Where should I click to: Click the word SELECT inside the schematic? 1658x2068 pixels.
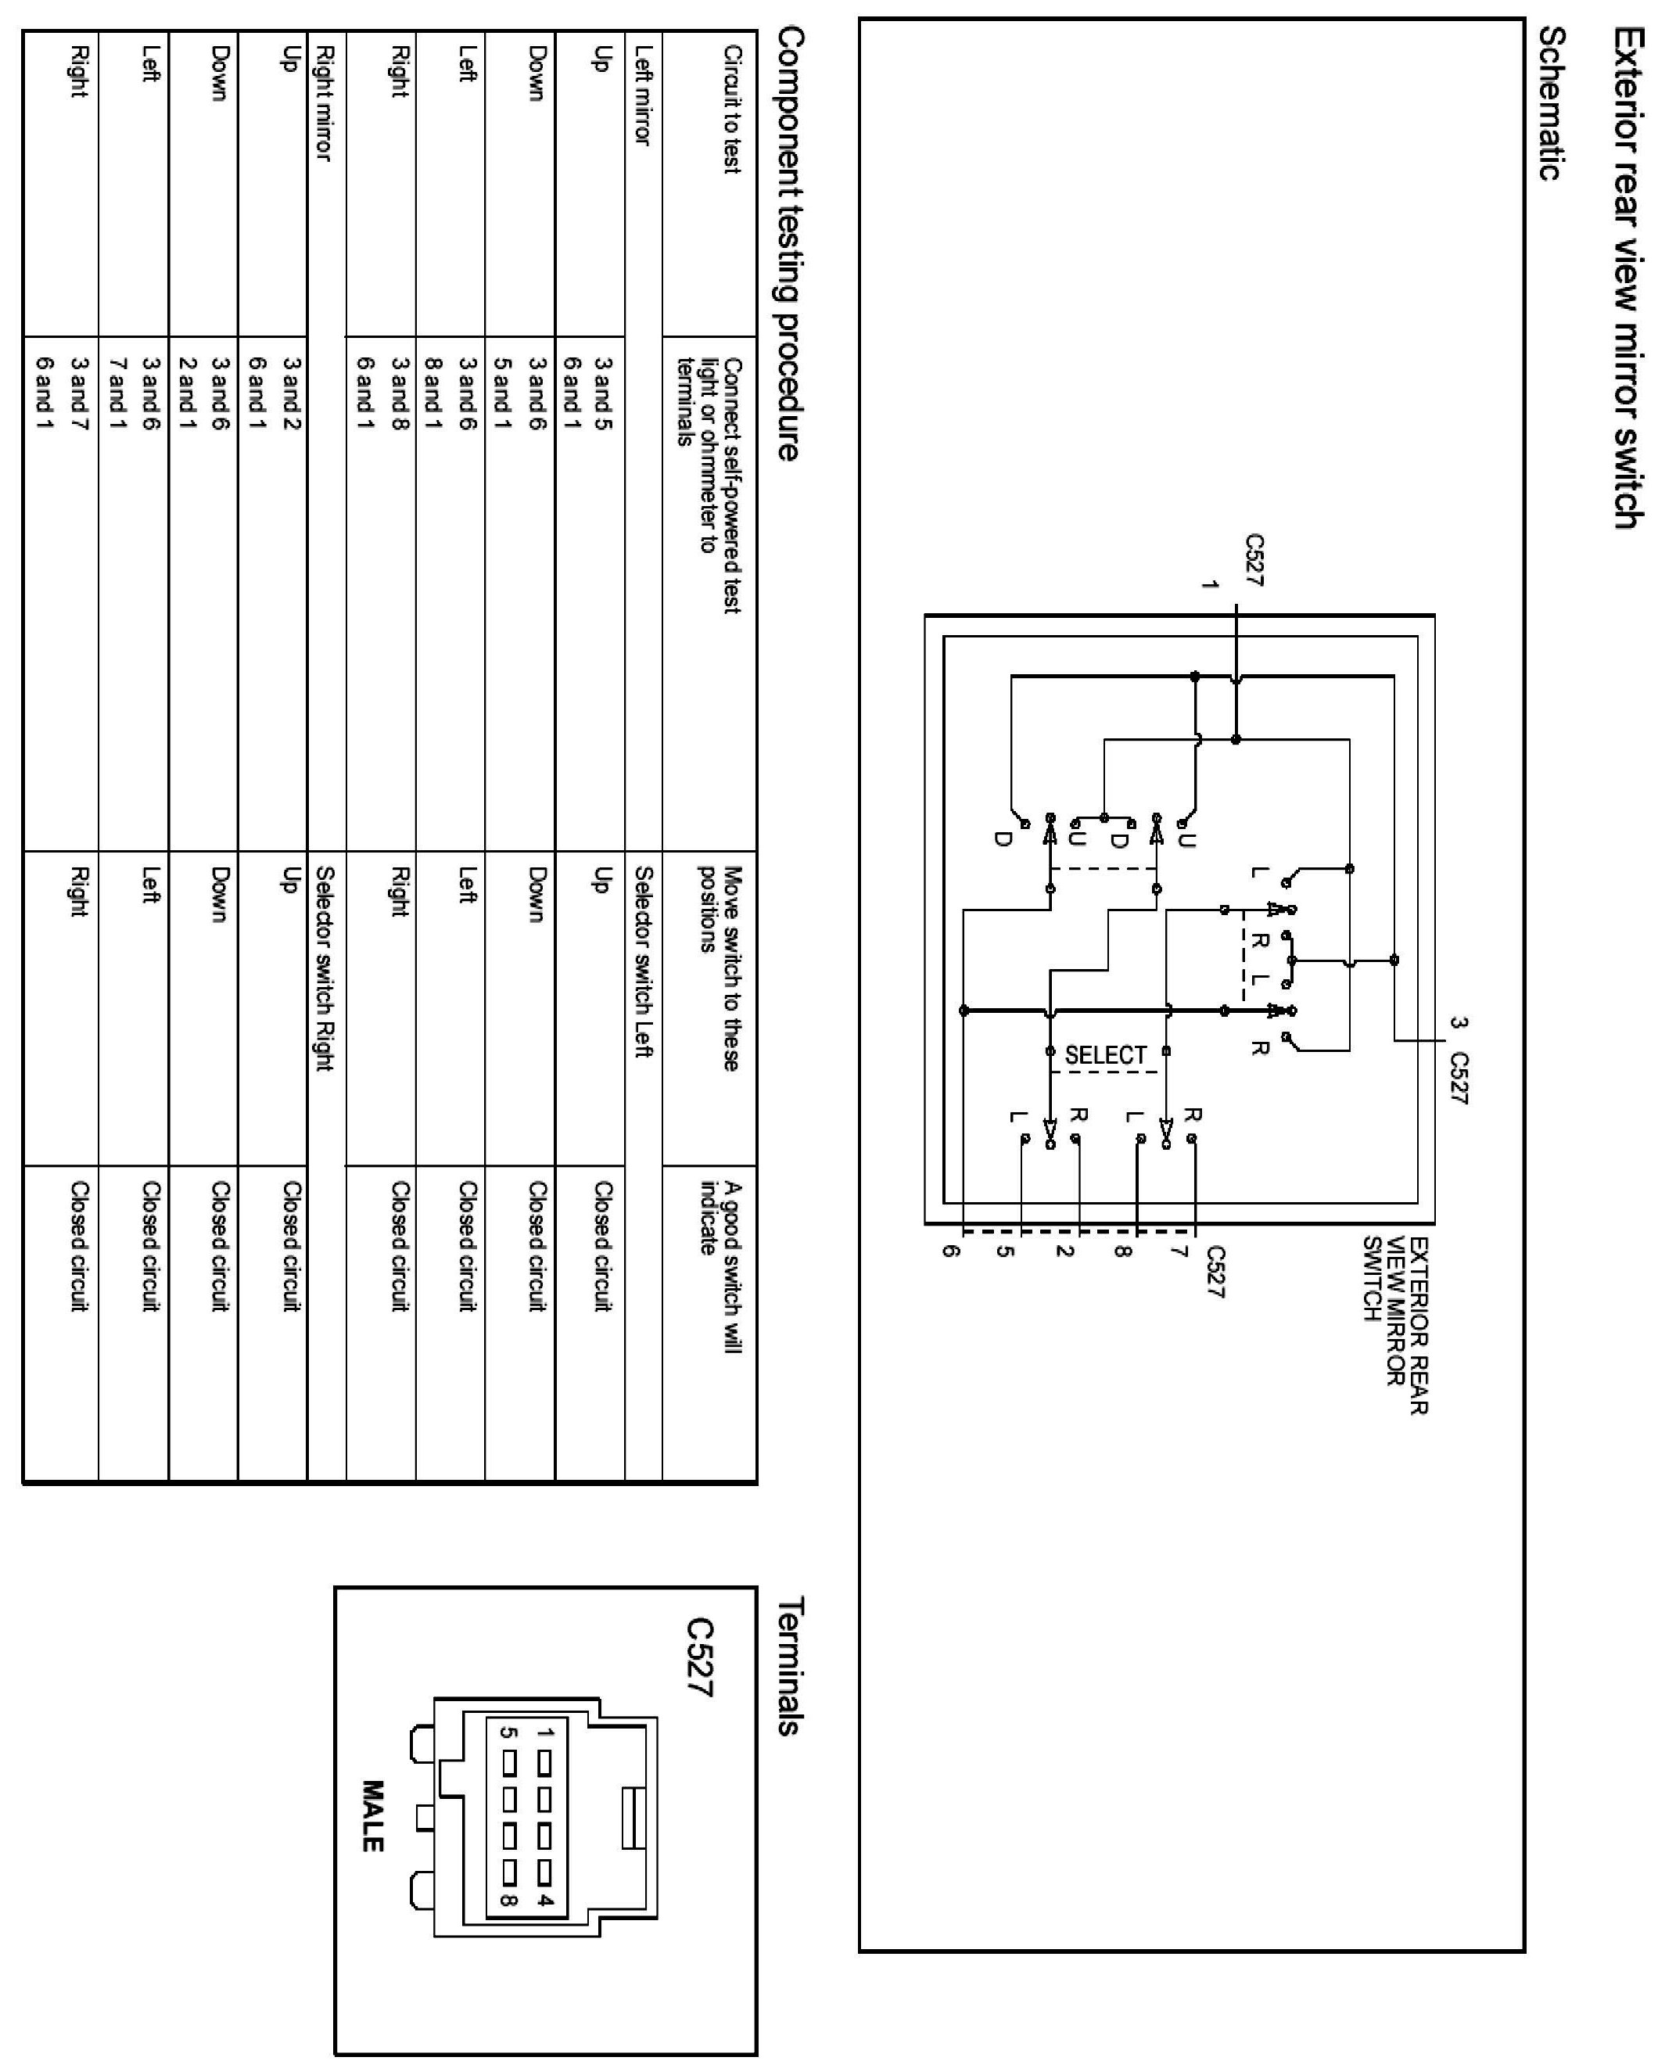click(x=1105, y=1055)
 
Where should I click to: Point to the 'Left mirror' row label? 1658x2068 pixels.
click(x=643, y=96)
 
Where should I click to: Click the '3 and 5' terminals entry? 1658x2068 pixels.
click(x=602, y=393)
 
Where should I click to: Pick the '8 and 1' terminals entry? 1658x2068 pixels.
click(x=432, y=393)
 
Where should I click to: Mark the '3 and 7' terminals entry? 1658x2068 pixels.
click(x=80, y=393)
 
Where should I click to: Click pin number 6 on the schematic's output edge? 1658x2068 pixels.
click(x=949, y=1251)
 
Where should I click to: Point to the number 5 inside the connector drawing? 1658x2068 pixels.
click(x=509, y=1732)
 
